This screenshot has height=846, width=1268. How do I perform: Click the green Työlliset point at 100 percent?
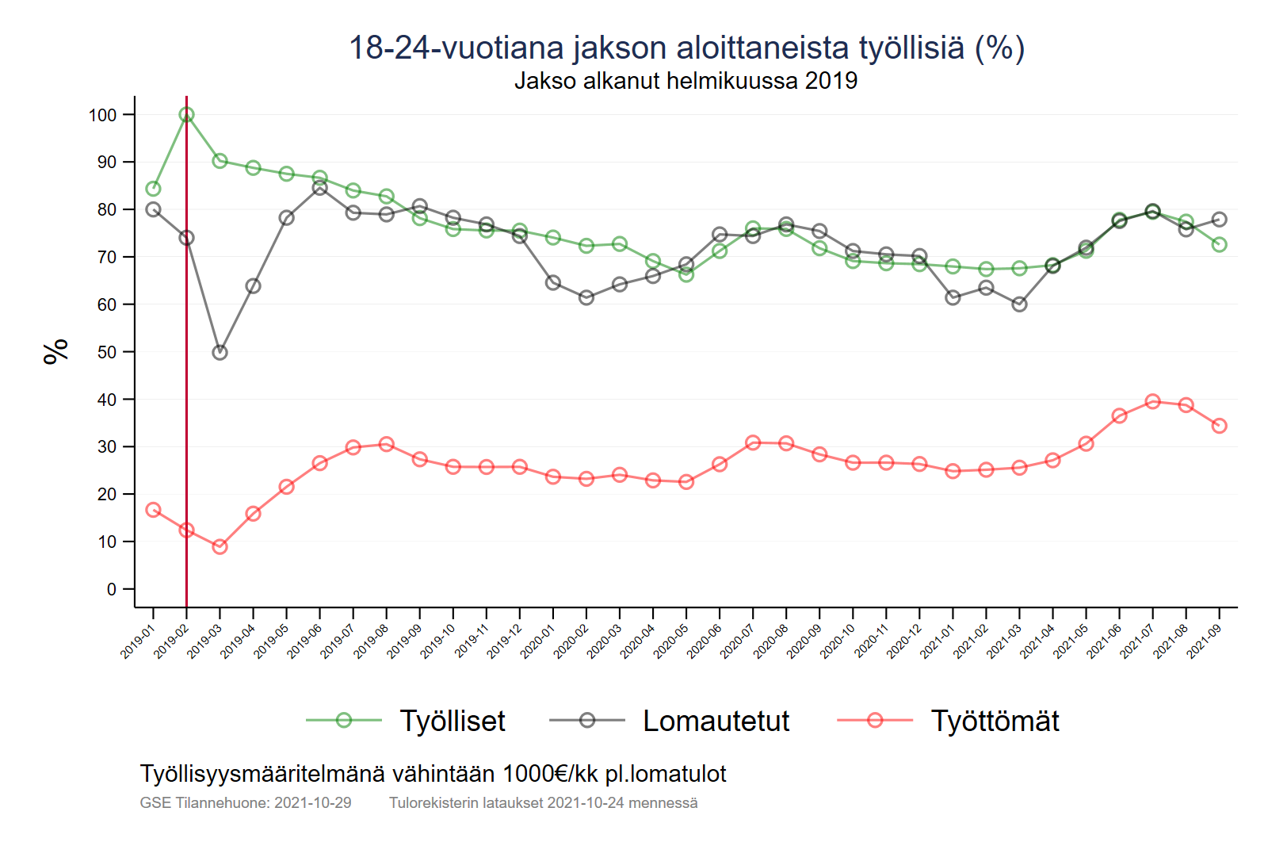pyautogui.click(x=186, y=115)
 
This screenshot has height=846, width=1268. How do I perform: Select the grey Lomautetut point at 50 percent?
pyautogui.click(x=220, y=352)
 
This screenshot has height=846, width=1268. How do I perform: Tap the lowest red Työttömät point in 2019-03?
pyautogui.click(x=220, y=546)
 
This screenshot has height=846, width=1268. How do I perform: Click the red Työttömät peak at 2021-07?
pyautogui.click(x=1152, y=402)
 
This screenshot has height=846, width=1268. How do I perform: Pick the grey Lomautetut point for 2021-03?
pyautogui.click(x=1019, y=304)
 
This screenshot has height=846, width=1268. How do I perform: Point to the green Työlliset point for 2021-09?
pyautogui.click(x=1219, y=245)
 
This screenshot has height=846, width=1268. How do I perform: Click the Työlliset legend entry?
pyautogui.click(x=452, y=721)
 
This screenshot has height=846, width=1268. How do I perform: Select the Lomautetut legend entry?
pyautogui.click(x=716, y=721)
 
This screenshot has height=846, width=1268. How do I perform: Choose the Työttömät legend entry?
pyautogui.click(x=995, y=721)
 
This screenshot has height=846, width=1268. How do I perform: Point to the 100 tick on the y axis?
pyautogui.click(x=102, y=115)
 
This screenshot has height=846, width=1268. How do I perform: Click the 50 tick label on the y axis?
pyautogui.click(x=107, y=352)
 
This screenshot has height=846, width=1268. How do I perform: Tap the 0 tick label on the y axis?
pyautogui.click(x=112, y=589)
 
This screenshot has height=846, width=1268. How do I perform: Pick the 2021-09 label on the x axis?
pyautogui.click(x=1204, y=641)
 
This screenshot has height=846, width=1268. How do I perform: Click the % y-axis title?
pyautogui.click(x=56, y=351)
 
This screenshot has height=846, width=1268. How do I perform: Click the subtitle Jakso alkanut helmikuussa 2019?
pyautogui.click(x=686, y=81)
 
